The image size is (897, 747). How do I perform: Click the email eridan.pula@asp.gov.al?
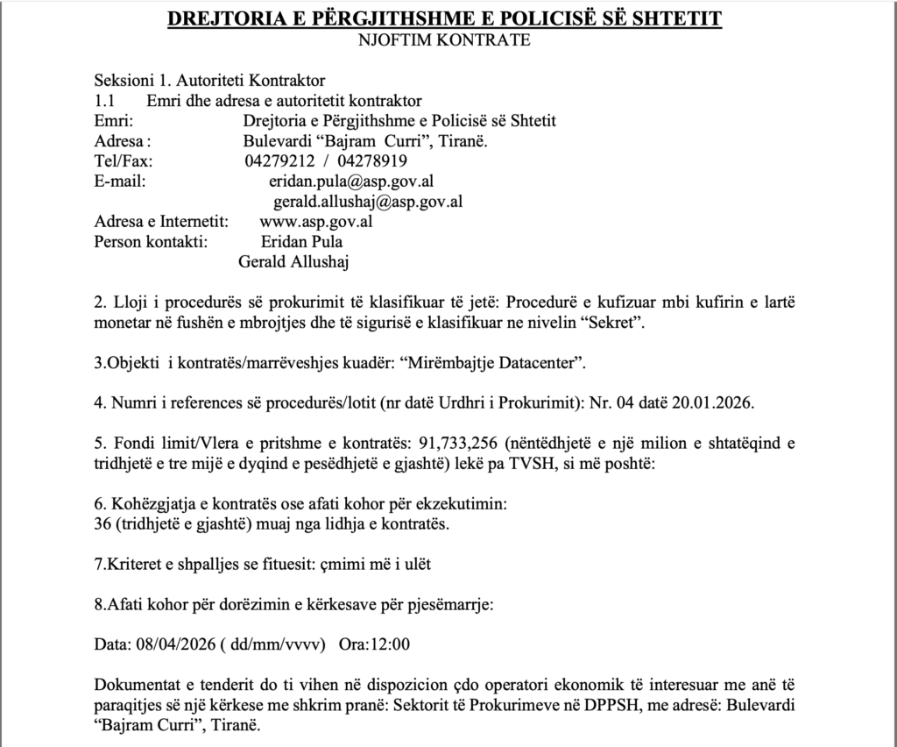point(352,181)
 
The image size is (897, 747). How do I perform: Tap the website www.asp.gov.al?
point(316,221)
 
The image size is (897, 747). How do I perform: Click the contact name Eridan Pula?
point(301,241)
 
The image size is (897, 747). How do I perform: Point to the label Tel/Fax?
point(123,161)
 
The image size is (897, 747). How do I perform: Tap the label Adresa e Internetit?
point(161,221)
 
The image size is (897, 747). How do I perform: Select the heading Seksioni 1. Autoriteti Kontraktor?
point(209,81)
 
